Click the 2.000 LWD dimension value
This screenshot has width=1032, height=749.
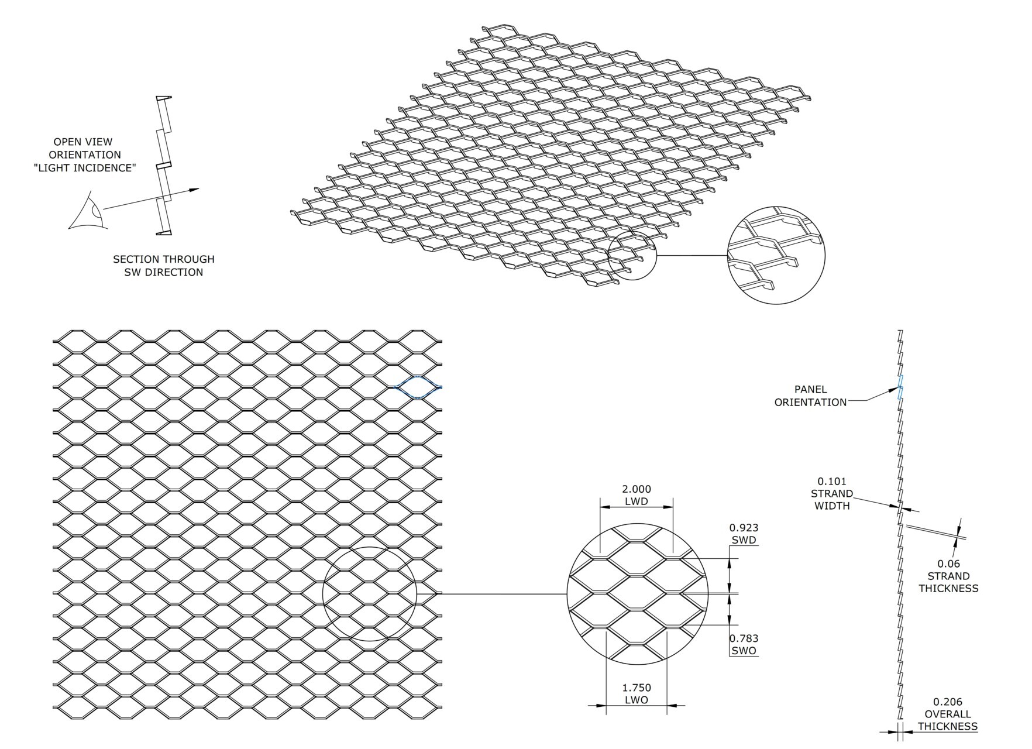[x=636, y=489]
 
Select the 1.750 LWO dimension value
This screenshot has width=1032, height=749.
[x=637, y=688]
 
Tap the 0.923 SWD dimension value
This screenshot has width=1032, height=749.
[x=744, y=528]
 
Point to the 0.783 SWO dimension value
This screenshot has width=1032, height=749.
[x=744, y=638]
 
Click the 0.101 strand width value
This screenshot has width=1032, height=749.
[x=832, y=482]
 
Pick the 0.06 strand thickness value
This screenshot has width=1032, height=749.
[x=948, y=564]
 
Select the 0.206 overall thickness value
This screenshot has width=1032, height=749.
[x=947, y=702]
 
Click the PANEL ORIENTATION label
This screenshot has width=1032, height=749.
[x=810, y=396]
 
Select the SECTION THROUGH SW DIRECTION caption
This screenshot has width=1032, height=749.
[x=163, y=266]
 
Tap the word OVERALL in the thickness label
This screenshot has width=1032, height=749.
[x=947, y=714]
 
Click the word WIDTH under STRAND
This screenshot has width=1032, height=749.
[x=832, y=506]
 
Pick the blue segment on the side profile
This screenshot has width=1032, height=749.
[x=901, y=387]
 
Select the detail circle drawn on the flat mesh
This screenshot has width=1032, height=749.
[x=369, y=594]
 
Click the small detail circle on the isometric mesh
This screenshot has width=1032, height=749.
[x=632, y=256]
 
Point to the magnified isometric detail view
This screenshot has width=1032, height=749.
[x=776, y=255]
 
